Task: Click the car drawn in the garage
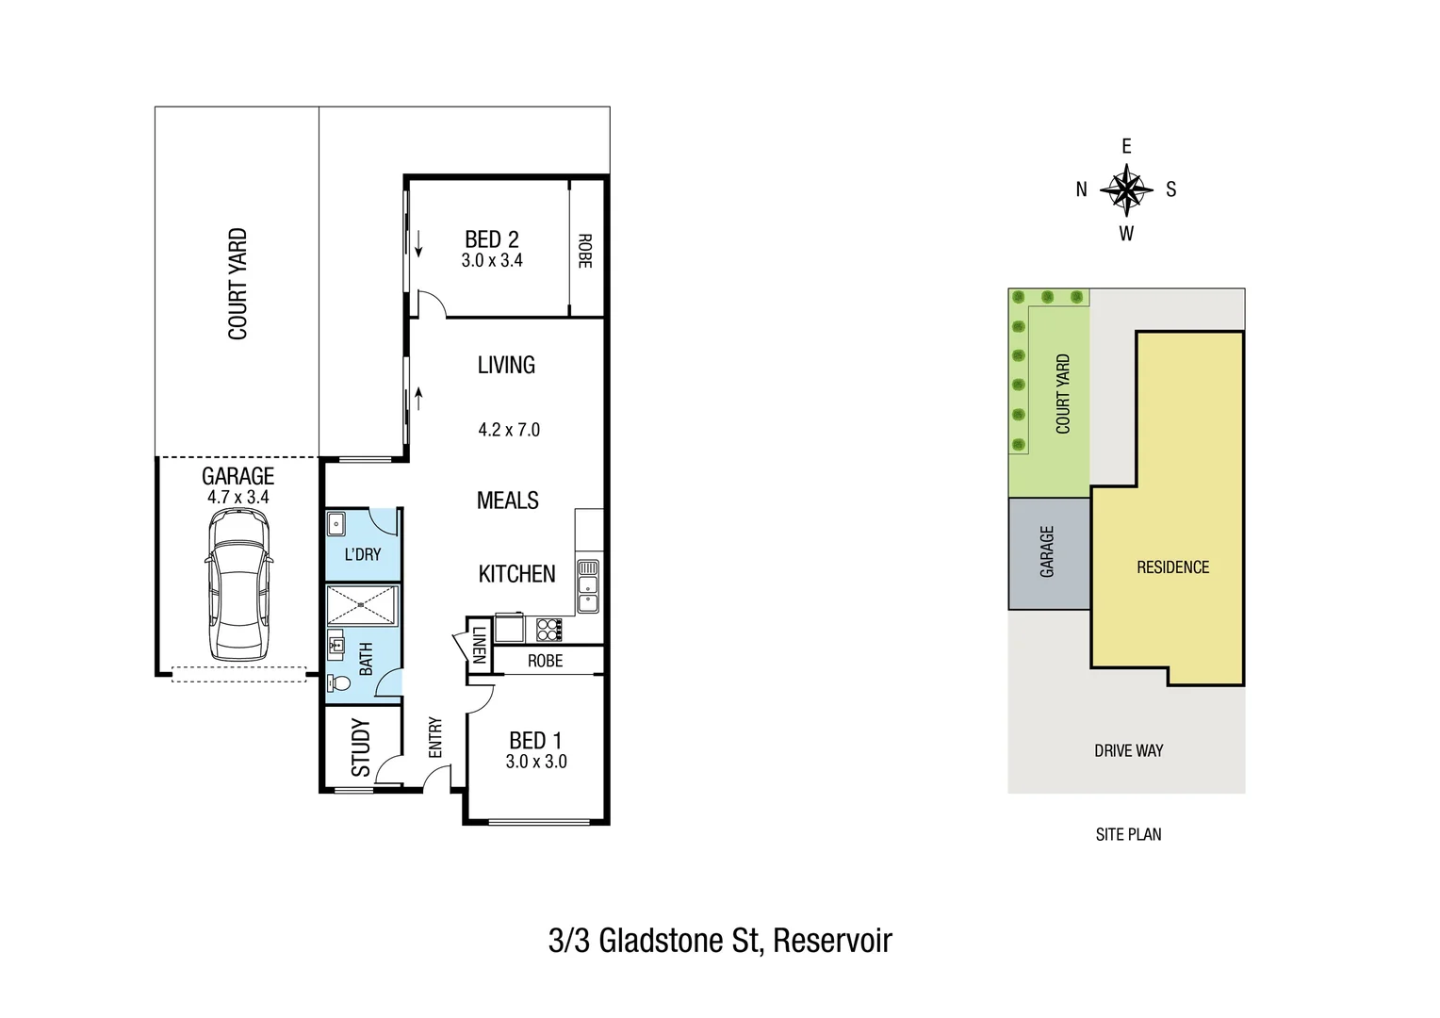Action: tap(238, 584)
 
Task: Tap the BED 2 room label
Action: tap(491, 239)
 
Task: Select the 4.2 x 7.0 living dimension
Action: tap(509, 430)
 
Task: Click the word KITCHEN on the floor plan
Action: tap(516, 573)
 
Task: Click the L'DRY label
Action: tap(362, 554)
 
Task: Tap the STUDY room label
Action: tap(360, 747)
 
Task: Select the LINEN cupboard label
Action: tap(479, 646)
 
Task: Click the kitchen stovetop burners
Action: tap(548, 629)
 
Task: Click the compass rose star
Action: tap(1126, 189)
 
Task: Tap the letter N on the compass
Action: tap(1081, 189)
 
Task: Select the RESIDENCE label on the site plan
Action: tap(1172, 567)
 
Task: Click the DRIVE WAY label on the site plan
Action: tap(1128, 751)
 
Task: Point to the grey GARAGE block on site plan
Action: tap(1047, 552)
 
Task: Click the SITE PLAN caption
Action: tap(1128, 834)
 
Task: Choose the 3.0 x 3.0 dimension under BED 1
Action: tap(535, 762)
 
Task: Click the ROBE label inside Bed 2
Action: tap(584, 251)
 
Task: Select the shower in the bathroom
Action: tap(362, 606)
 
